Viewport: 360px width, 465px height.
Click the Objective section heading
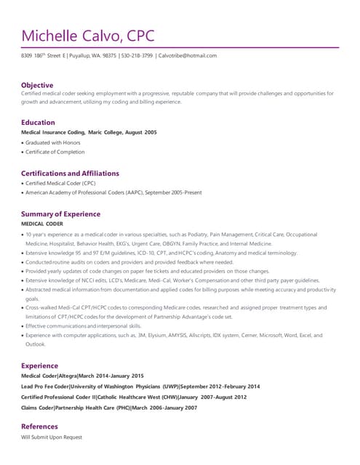37,85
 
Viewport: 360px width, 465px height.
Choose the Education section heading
38,122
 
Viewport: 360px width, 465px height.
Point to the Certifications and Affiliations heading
70,174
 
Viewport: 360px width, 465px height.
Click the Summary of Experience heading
60,214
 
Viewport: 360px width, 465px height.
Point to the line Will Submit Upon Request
52,437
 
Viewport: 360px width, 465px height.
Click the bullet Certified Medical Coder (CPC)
58,184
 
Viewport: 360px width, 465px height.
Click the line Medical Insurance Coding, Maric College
89,132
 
